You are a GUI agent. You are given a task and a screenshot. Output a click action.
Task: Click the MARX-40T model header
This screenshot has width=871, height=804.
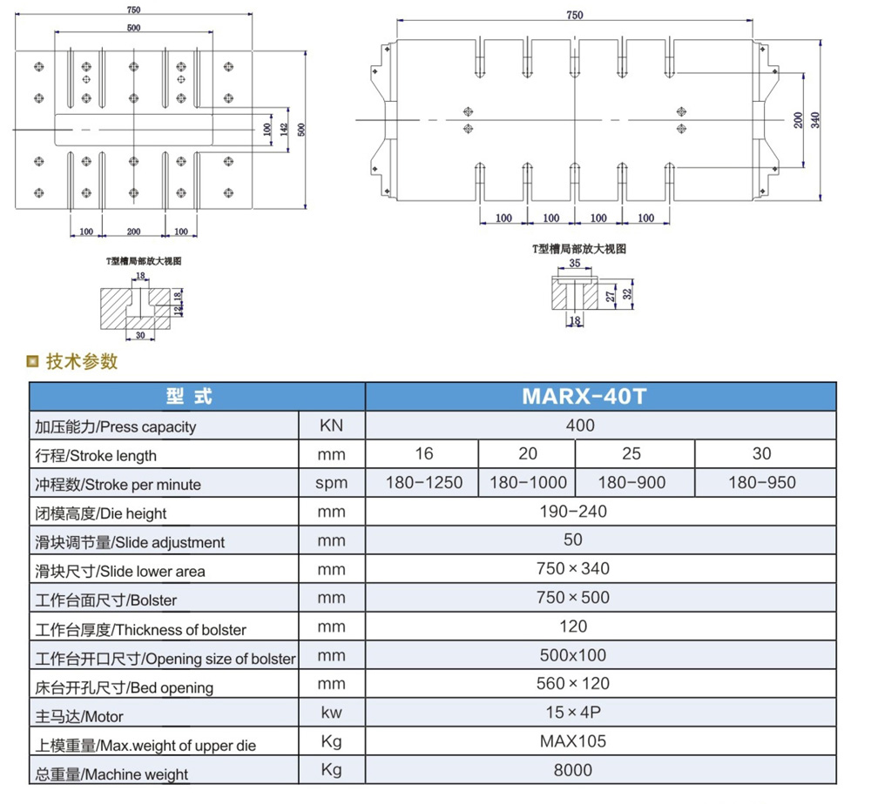(x=584, y=396)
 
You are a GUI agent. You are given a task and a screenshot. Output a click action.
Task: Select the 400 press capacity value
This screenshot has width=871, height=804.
(x=580, y=425)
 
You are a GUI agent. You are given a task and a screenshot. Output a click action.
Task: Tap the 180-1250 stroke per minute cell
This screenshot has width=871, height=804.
(x=422, y=482)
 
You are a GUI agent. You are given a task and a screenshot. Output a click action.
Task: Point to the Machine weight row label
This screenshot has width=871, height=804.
(x=111, y=774)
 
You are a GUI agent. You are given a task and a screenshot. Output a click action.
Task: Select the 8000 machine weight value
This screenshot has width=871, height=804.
(x=573, y=769)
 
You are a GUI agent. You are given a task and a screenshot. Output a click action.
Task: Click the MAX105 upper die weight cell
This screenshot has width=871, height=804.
(x=573, y=741)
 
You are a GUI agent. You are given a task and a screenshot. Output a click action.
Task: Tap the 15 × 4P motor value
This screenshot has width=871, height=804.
(x=573, y=713)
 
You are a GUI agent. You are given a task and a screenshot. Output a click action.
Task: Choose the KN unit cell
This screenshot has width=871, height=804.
(x=331, y=425)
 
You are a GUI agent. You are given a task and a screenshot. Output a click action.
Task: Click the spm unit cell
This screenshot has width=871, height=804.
(x=331, y=483)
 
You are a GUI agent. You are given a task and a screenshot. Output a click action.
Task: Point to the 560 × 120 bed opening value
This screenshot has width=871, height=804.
(x=573, y=684)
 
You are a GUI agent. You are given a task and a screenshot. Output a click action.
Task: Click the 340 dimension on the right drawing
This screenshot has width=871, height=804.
(x=815, y=120)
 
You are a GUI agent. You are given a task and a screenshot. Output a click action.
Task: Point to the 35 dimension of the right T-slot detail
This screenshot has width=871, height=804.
(x=573, y=262)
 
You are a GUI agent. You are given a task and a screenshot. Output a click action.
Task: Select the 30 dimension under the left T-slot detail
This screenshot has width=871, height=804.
(x=139, y=333)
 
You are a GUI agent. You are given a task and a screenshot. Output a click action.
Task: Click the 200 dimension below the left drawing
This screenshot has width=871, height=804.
(x=133, y=231)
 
